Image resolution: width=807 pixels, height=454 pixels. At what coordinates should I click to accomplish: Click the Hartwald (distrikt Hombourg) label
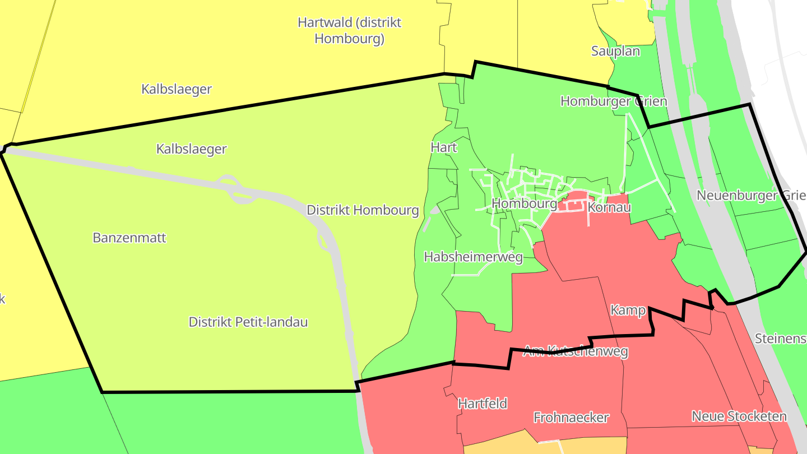pyautogui.click(x=349, y=31)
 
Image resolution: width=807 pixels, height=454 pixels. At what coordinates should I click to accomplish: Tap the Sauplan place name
pyautogui.click(x=615, y=51)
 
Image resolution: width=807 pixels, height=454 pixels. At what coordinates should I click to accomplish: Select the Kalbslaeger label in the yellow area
pyautogui.click(x=177, y=89)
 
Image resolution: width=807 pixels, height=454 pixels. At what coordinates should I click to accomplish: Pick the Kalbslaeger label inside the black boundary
pyautogui.click(x=192, y=149)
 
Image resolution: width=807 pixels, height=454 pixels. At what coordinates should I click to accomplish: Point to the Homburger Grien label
pyautogui.click(x=614, y=101)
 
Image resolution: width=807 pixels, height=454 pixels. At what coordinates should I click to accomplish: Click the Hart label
pyautogui.click(x=444, y=147)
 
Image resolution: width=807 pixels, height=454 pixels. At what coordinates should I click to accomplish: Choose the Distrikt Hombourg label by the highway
pyautogui.click(x=363, y=210)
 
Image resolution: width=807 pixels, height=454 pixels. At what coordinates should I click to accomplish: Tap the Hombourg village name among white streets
pyautogui.click(x=524, y=203)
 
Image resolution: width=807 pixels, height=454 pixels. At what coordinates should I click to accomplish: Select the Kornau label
pyautogui.click(x=609, y=207)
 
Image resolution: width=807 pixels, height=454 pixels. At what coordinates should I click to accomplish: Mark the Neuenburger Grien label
pyautogui.click(x=750, y=196)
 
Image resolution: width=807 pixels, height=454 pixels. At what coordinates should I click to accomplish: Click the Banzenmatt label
pyautogui.click(x=129, y=238)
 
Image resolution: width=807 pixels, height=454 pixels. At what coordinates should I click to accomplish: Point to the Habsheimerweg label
pyautogui.click(x=473, y=257)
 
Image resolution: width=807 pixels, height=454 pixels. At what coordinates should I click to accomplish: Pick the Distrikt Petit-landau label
pyautogui.click(x=248, y=322)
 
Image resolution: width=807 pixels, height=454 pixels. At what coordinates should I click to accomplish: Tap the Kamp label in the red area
pyautogui.click(x=628, y=311)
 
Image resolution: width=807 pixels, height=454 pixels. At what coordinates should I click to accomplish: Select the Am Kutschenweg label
pyautogui.click(x=575, y=351)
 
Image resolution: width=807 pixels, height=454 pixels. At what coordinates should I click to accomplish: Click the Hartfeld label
pyautogui.click(x=483, y=404)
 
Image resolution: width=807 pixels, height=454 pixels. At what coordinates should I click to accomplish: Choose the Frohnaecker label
pyautogui.click(x=571, y=418)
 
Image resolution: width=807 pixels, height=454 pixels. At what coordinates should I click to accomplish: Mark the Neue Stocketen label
pyautogui.click(x=739, y=416)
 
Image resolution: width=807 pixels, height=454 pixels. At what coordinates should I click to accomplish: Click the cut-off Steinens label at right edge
pyautogui.click(x=780, y=339)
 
